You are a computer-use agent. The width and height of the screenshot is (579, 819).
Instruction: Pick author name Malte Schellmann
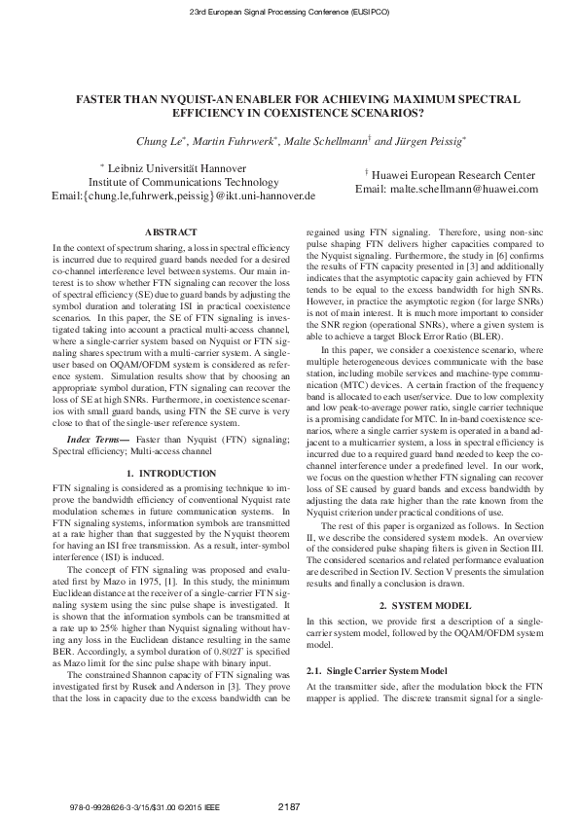(328, 142)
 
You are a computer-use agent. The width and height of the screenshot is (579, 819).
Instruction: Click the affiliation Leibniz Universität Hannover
(185, 167)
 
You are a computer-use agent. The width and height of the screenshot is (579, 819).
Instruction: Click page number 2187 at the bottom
(289, 804)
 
